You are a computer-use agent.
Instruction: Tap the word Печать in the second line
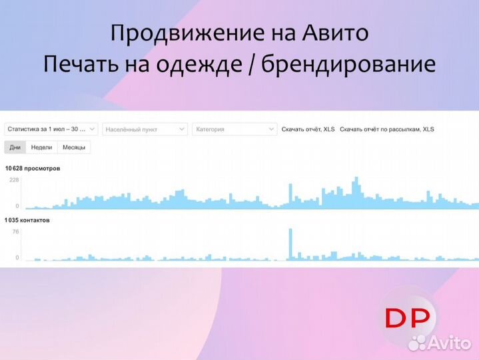79,64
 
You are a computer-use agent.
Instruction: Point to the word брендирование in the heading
348,64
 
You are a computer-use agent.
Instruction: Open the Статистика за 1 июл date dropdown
51,129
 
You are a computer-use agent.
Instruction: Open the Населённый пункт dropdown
145,129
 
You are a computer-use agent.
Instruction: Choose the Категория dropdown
234,129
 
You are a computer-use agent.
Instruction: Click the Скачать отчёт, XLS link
308,129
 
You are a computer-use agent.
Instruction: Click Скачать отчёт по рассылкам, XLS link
386,129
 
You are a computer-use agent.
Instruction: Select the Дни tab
15,147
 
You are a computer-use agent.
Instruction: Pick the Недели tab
41,147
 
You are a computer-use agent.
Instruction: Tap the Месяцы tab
73,147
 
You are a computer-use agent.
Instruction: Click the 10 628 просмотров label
33,169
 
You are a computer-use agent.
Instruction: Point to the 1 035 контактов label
27,219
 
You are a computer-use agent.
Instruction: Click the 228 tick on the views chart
15,180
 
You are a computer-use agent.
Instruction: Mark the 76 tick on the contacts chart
16,231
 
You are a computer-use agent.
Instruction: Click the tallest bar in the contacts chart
291,244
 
